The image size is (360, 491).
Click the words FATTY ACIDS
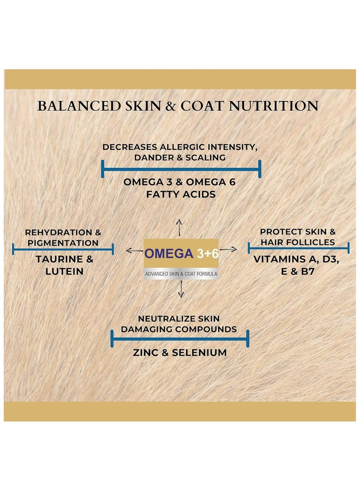tap(180, 195)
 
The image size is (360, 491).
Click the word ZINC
tap(147, 352)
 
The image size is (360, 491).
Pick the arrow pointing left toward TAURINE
tap(134, 250)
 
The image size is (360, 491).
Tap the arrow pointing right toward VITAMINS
tap(228, 249)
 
